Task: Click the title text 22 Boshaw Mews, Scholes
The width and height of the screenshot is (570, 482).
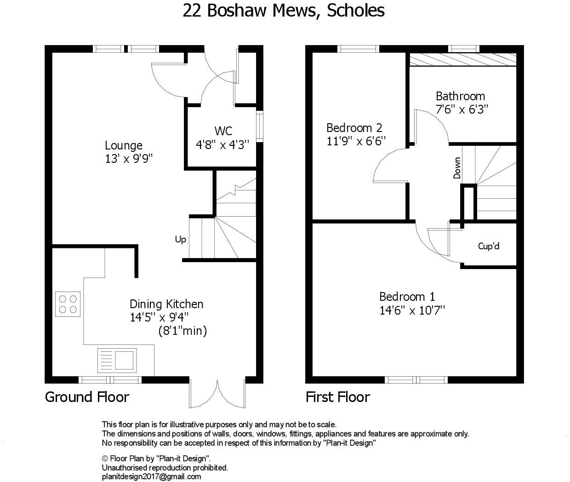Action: pos(284,10)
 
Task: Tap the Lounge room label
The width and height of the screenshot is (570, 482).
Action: pos(123,146)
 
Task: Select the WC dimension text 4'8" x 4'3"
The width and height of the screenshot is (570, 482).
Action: pos(222,144)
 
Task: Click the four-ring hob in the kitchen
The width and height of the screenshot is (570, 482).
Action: pos(68,304)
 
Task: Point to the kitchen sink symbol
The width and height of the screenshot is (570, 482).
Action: pos(117,360)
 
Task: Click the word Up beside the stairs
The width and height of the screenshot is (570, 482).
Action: pos(180,240)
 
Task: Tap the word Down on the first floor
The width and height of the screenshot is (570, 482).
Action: pos(457,168)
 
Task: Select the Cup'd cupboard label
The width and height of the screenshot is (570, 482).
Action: pos(489,246)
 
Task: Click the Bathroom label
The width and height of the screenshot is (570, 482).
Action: pos(460,96)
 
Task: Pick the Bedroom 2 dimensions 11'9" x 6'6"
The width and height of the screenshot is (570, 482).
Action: pos(356,141)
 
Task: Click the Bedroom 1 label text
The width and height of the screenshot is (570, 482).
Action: pos(407,297)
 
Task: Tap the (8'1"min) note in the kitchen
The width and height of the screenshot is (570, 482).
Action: pos(182,331)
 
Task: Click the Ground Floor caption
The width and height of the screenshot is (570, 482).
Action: pos(87,397)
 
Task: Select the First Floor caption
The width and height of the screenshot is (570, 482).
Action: pos(338,397)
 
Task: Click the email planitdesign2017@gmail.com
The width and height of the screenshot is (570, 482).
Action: pos(151,476)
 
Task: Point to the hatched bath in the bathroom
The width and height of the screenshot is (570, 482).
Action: pos(462,60)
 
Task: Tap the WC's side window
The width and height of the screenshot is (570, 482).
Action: pos(260,125)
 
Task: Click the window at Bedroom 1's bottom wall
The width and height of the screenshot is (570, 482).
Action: pos(416,379)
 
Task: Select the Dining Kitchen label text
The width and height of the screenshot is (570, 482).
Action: pos(166,304)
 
